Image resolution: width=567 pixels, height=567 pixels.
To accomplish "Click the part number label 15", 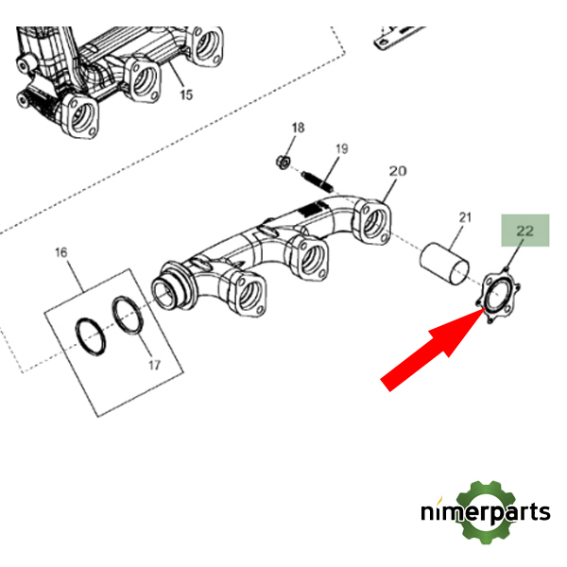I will click(x=185, y=94).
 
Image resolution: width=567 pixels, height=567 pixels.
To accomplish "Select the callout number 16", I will click(x=61, y=252).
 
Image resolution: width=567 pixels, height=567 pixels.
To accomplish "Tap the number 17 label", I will click(x=155, y=364).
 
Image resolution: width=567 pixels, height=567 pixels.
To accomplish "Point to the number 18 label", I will click(x=299, y=128).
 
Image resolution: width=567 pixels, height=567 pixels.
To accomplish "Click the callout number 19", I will click(x=341, y=149).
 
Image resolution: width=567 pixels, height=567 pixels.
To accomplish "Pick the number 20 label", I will click(x=397, y=171).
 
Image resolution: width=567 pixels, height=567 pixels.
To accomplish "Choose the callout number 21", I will click(x=464, y=219).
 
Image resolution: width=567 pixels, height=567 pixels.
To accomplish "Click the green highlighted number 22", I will click(x=525, y=231).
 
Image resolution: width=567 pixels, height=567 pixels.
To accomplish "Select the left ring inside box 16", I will click(x=91, y=335).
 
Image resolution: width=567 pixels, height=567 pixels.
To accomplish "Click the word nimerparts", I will click(x=484, y=513).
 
